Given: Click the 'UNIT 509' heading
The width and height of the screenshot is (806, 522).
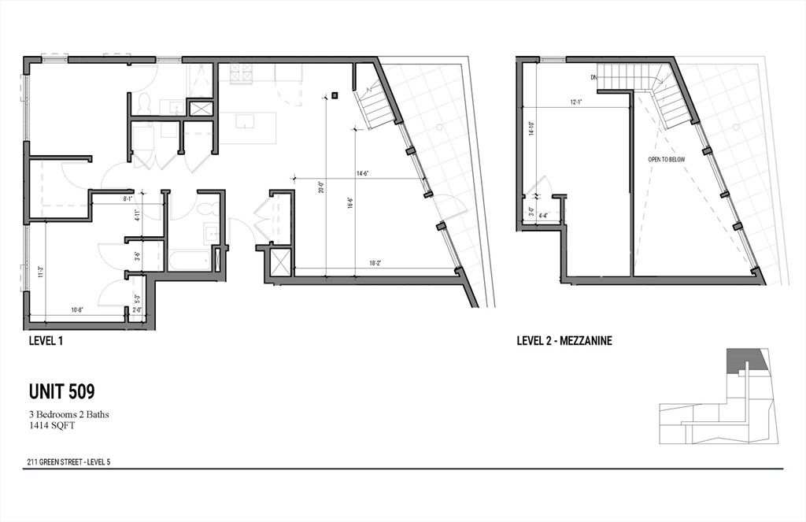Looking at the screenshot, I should (62, 391).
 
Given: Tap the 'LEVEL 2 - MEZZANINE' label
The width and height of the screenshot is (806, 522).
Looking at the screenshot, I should (564, 341).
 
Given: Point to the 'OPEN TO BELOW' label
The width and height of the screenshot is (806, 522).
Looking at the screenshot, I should (666, 159).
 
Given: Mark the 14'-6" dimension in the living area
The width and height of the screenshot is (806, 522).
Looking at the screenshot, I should (363, 173).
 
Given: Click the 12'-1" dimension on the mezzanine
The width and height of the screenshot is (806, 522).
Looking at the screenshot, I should (577, 102).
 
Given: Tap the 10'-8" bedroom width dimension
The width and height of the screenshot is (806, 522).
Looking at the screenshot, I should (76, 309).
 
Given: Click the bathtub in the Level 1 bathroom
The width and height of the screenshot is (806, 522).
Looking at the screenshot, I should (189, 260).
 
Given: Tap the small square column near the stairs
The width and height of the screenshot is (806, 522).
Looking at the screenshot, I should (335, 95).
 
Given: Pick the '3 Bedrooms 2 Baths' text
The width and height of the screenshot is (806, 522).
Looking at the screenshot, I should (69, 414).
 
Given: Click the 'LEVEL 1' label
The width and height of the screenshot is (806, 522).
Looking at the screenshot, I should (46, 341).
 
